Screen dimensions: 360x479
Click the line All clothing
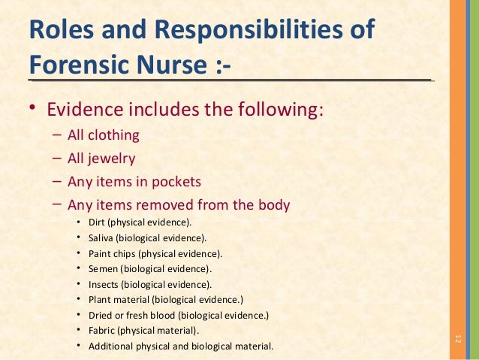103,136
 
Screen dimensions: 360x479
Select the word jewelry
112,159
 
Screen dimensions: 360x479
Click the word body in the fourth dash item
273,204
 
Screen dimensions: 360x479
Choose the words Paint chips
112,253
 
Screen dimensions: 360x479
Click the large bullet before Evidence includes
33,110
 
